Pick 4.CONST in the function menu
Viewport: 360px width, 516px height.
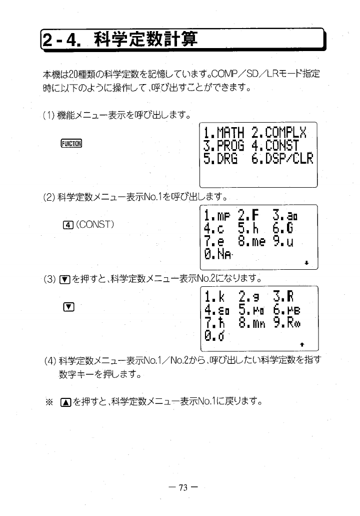pos(275,146)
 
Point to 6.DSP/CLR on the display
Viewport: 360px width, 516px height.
pos(282,159)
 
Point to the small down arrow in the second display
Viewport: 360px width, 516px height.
pos(306,263)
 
